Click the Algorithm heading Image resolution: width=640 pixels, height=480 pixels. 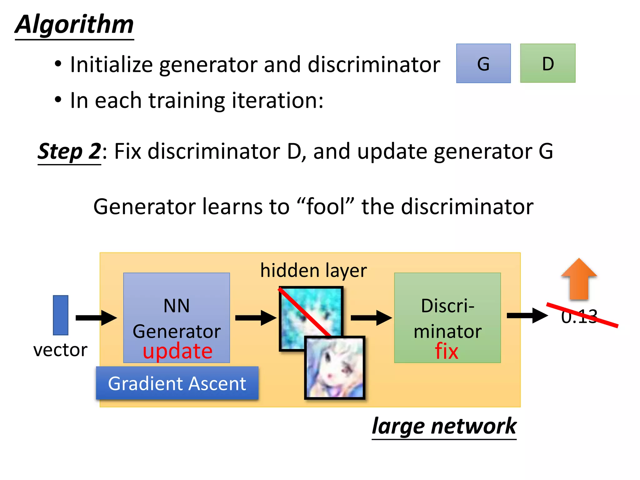point(74,25)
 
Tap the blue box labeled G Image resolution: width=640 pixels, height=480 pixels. point(483,63)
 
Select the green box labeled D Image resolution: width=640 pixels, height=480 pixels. point(547,63)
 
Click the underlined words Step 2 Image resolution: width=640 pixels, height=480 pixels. point(69,152)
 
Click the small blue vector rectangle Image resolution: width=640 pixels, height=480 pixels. point(61,315)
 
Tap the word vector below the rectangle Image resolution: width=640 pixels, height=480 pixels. point(60,350)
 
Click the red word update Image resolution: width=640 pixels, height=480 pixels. point(177,351)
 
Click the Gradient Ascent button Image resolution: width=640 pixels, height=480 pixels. point(177,383)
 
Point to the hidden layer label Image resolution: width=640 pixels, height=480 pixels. point(313,271)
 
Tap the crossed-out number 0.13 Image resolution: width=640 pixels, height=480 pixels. point(579,316)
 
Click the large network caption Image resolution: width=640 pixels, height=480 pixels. point(444,426)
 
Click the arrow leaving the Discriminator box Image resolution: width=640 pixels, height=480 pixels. point(527,316)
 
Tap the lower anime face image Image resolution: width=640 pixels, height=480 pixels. point(335,367)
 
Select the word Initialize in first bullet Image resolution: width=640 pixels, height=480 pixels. point(111,65)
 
